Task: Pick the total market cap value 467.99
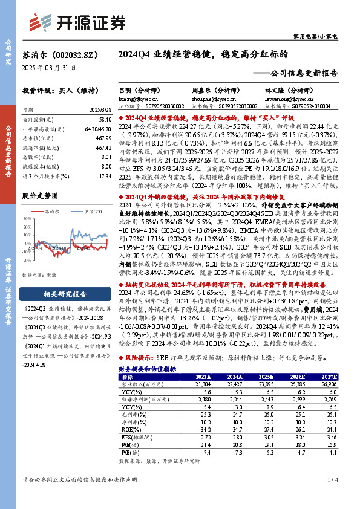pos(103,138)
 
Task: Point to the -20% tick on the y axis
pos(28,264)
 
